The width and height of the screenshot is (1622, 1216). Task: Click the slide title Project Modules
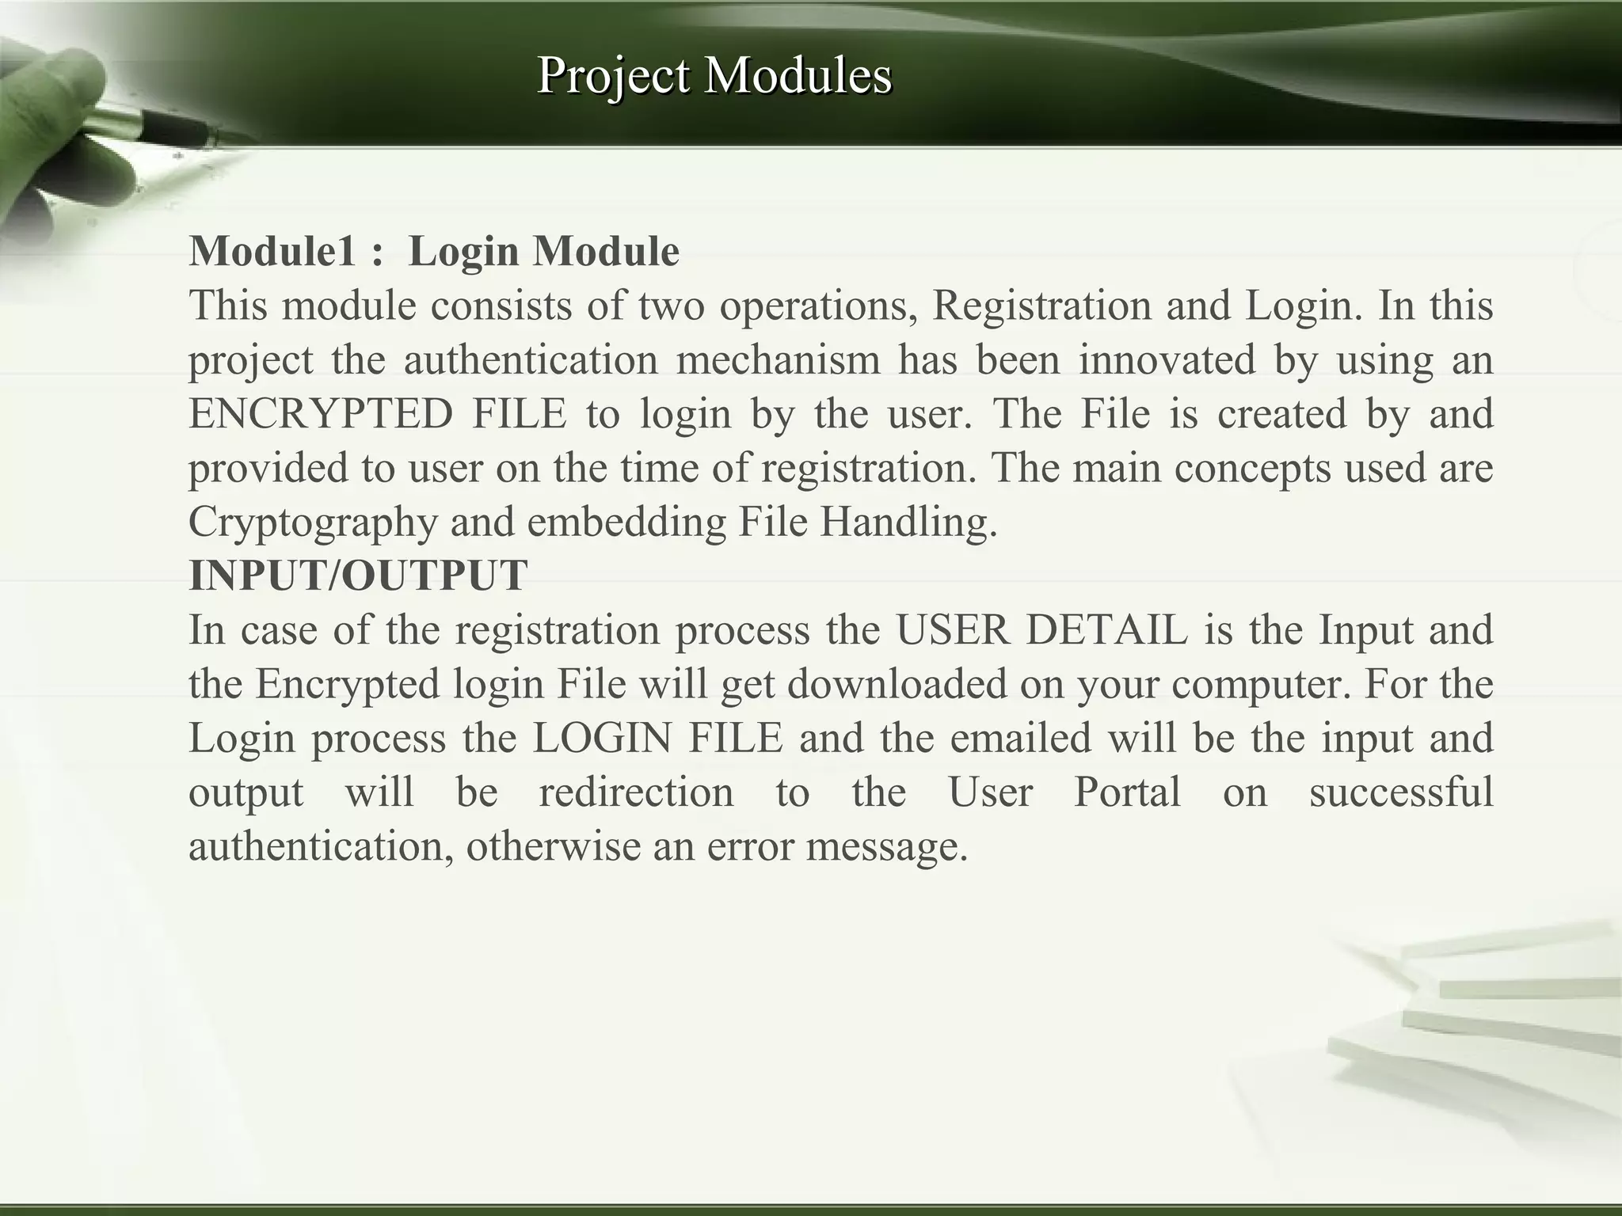(714, 76)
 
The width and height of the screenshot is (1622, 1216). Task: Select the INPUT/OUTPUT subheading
(358, 576)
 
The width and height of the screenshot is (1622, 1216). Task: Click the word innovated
(1167, 359)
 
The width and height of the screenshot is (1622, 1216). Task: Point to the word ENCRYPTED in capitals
(321, 413)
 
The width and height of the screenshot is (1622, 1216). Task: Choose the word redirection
(636, 792)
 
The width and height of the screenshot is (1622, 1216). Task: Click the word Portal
(1127, 792)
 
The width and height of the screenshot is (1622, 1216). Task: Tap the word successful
(1400, 792)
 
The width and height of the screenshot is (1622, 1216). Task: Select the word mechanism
(778, 359)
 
